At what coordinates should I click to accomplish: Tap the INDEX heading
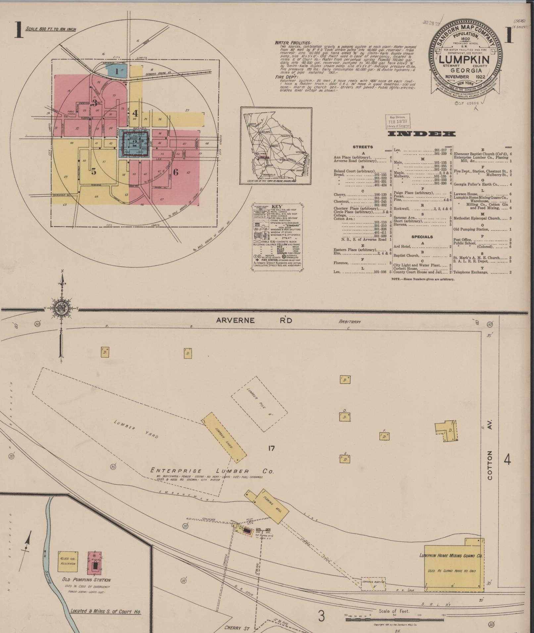[421, 134]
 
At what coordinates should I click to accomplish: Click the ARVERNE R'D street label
[254, 320]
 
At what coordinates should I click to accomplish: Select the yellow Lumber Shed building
[224, 437]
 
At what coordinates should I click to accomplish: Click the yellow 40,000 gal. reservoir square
[68, 562]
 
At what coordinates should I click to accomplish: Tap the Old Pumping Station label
[86, 580]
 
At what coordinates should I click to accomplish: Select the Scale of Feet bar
[396, 619]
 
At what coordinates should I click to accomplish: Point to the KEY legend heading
[276, 206]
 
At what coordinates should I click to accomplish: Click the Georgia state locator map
[276, 146]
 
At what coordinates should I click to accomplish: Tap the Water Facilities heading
[293, 43]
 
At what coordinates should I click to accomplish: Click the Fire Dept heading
[286, 77]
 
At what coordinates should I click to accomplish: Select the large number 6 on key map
[175, 172]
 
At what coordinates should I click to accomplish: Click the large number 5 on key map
[94, 171]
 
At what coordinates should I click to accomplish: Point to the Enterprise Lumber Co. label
[212, 471]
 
